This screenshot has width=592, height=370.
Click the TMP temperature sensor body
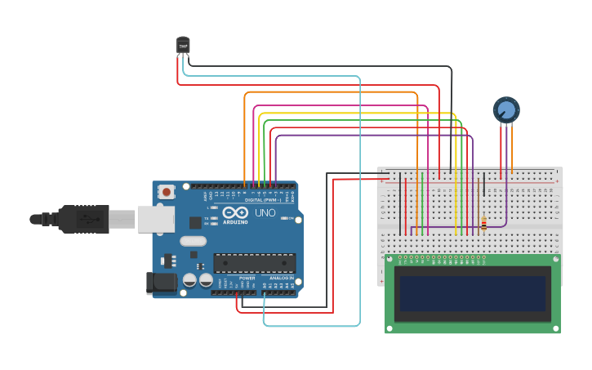pos(183,46)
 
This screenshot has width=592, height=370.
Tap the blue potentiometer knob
pos(505,109)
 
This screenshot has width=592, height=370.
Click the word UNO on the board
pos(265,213)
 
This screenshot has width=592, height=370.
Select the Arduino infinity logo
pos(235,212)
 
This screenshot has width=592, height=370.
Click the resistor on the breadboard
pos(483,222)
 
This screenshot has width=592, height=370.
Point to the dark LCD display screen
pos(472,293)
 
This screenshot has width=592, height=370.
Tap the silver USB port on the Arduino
pos(155,219)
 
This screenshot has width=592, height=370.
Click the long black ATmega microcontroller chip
pos(254,263)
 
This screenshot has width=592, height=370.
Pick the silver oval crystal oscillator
pos(193,241)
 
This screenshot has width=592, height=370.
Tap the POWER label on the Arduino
pos(247,279)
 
